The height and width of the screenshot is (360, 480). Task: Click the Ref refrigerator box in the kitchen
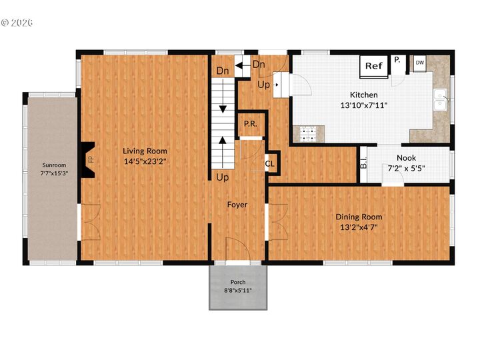click(x=374, y=66)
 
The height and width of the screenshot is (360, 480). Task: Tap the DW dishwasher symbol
click(x=419, y=63)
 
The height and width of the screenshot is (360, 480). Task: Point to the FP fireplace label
click(x=90, y=159)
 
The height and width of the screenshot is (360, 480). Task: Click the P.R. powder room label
click(x=251, y=124)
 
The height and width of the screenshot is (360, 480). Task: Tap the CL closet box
click(x=271, y=163)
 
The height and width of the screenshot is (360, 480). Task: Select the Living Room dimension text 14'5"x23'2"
click(x=145, y=161)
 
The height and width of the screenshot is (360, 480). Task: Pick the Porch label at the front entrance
click(x=238, y=282)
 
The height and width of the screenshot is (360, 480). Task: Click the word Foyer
click(x=237, y=205)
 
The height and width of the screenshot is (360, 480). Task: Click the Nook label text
click(x=406, y=158)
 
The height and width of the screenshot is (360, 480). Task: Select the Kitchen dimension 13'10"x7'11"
click(x=364, y=105)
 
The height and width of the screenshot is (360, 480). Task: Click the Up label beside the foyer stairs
click(x=222, y=177)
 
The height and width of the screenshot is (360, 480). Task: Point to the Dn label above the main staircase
click(x=222, y=71)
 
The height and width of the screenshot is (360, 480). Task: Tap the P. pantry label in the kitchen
click(x=397, y=60)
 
